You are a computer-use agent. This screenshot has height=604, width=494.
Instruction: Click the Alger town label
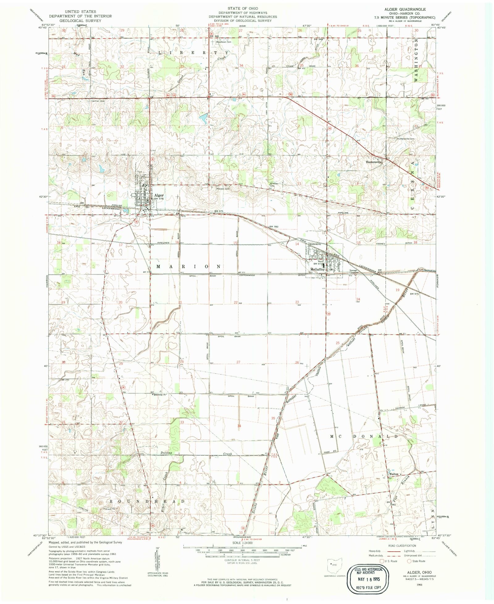click(159, 195)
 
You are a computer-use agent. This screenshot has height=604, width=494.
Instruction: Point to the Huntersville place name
click(374, 162)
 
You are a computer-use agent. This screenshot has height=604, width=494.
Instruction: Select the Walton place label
click(394, 474)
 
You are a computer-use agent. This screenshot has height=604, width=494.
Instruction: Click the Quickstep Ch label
click(160, 394)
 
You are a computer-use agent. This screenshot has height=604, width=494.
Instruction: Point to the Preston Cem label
click(223, 189)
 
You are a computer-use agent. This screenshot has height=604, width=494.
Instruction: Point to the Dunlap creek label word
click(166, 453)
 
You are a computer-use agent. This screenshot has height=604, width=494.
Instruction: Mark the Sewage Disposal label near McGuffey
click(354, 271)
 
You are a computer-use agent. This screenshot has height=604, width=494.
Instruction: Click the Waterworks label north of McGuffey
click(315, 244)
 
